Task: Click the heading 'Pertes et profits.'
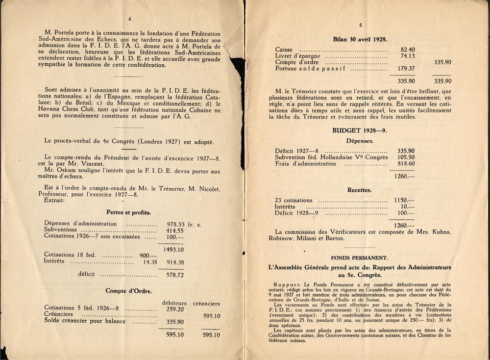tap(128, 212)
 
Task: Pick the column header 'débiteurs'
tap(173, 303)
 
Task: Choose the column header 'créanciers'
tap(206, 303)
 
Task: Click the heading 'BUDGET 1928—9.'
tap(360, 131)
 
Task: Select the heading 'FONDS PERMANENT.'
tap(359, 257)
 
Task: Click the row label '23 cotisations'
tap(294, 201)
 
